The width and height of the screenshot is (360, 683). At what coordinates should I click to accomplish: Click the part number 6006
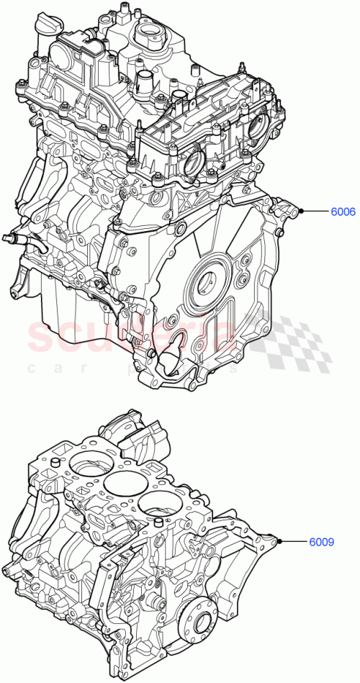click(x=342, y=212)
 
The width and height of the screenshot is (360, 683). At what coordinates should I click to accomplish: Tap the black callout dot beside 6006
click(x=303, y=212)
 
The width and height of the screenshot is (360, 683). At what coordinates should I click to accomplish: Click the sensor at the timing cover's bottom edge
click(x=172, y=357)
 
